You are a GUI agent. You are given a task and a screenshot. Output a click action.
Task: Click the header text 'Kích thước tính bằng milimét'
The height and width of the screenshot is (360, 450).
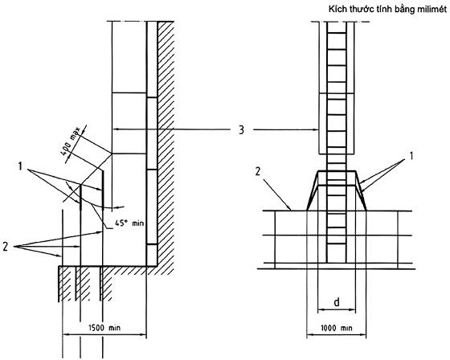[x=387, y=10]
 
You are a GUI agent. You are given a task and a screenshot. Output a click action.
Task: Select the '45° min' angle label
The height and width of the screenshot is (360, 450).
[x=129, y=223]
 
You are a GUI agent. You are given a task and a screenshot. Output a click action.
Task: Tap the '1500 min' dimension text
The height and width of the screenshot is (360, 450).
[x=104, y=328]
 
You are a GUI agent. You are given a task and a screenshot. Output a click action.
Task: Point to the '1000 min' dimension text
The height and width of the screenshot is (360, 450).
[x=336, y=328]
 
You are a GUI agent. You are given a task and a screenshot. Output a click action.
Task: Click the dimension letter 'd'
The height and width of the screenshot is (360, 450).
[x=337, y=301]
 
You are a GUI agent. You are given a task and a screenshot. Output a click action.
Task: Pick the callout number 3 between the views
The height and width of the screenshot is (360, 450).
[x=241, y=130]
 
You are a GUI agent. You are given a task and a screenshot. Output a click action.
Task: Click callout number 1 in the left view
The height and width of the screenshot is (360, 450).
[x=20, y=166]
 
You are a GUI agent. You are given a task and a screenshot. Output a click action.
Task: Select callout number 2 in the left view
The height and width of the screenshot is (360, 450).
[x=6, y=247]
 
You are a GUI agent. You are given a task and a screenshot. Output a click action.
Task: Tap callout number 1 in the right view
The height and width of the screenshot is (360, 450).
[x=411, y=156]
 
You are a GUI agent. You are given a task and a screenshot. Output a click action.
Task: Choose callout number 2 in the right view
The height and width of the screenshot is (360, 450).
[x=258, y=172]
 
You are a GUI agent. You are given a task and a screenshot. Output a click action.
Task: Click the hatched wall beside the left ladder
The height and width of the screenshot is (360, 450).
[x=166, y=144]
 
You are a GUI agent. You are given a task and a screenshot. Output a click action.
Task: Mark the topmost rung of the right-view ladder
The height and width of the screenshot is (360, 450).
[x=337, y=33]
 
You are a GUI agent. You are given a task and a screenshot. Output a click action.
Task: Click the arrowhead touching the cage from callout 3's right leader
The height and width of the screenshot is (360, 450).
[x=315, y=130]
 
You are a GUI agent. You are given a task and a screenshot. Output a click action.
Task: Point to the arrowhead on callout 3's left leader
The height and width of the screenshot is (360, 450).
[x=117, y=129]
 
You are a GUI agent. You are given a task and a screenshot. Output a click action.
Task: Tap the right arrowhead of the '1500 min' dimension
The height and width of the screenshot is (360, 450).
[x=142, y=334]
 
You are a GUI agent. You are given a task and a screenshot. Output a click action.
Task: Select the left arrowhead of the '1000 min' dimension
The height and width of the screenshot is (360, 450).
[x=311, y=334]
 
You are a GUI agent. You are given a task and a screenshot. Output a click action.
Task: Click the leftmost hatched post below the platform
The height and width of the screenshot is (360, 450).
[x=64, y=284]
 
